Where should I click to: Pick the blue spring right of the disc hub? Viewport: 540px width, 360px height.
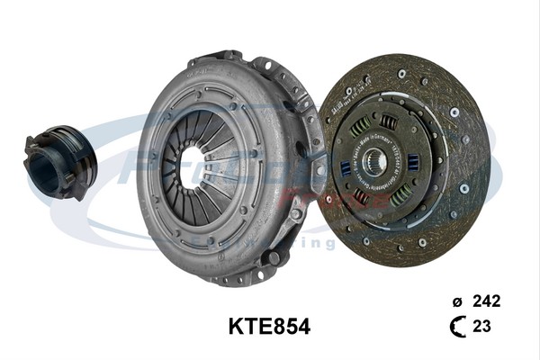coord(411,162)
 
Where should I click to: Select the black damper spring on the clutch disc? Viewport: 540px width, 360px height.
coord(388,122)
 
